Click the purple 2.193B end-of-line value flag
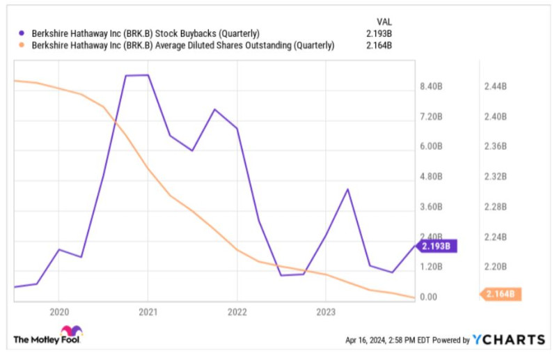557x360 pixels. point(437,246)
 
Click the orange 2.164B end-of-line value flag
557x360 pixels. point(501,294)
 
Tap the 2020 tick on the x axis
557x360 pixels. point(58,312)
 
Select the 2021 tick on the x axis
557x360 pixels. point(148,312)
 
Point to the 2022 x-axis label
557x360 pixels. point(237,312)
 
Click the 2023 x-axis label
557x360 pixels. point(327,312)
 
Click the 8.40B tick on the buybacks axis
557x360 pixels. point(432,86)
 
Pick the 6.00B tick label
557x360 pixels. point(432,147)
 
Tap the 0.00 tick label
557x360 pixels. point(428,297)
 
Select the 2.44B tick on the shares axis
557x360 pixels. point(495,86)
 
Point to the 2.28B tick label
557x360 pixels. point(495,207)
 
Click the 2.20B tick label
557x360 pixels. point(495,267)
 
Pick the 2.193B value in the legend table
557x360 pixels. point(379,33)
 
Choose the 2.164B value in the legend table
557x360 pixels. point(379,46)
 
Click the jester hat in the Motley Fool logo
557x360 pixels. point(71,331)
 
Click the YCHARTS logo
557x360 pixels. point(509,340)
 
